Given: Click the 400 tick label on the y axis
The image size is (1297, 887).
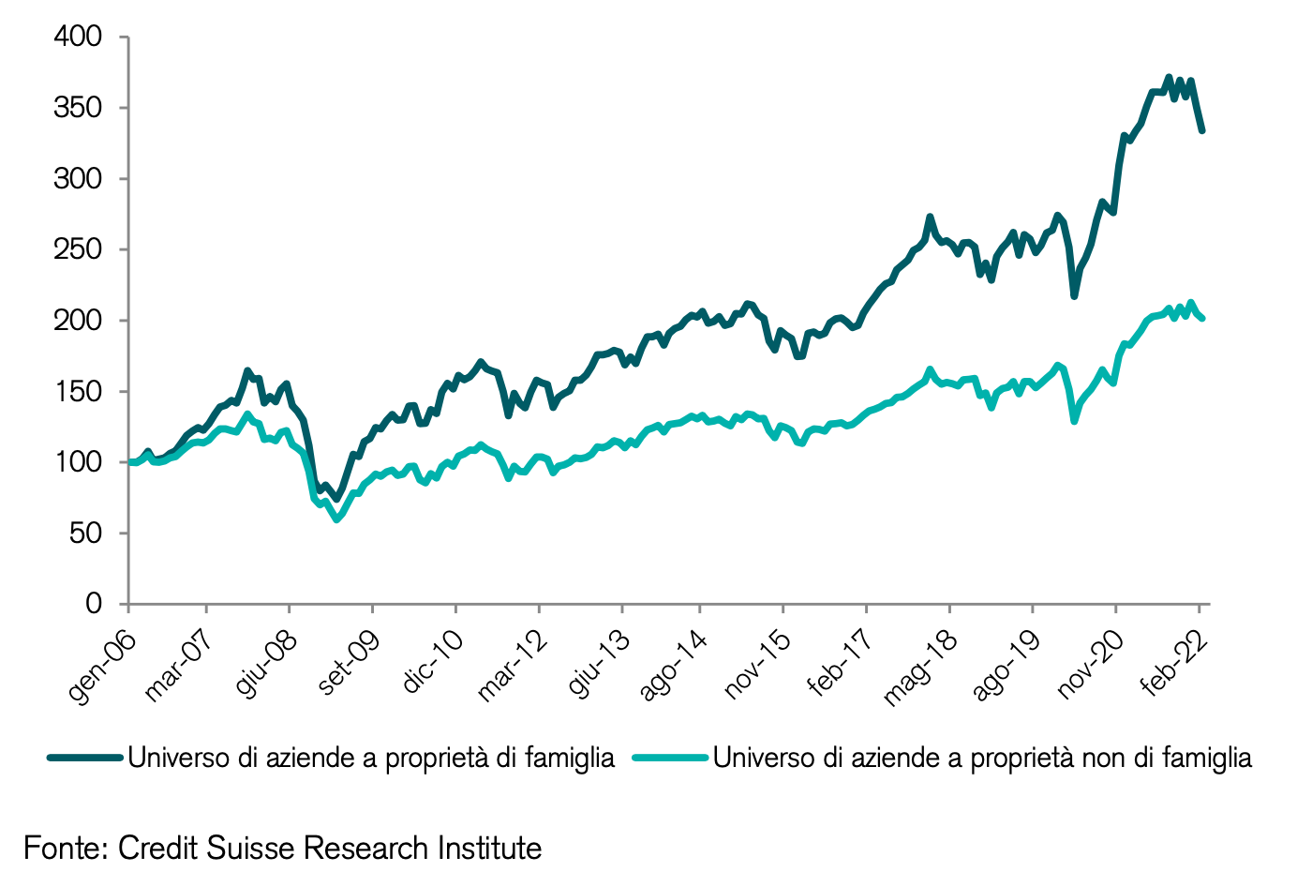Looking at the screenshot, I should pyautogui.click(x=78, y=37).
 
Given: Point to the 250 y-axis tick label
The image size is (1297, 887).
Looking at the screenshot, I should pyautogui.click(x=78, y=249).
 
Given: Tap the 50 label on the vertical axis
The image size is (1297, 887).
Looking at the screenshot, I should pyautogui.click(x=86, y=534).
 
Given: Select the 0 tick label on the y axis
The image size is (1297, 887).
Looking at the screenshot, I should pyautogui.click(x=94, y=604).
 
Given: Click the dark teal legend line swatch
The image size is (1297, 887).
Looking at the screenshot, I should pyautogui.click(x=85, y=758).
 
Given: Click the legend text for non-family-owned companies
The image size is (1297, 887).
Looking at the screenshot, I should pyautogui.click(x=982, y=758).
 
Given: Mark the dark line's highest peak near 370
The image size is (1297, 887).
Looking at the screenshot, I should pyautogui.click(x=1168, y=78).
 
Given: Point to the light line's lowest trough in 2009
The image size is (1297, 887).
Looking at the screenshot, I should pyautogui.click(x=337, y=518).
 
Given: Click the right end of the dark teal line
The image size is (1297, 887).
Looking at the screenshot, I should pyautogui.click(x=1201, y=130).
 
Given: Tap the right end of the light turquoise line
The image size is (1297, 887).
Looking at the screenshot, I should pyautogui.click(x=1201, y=319).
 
